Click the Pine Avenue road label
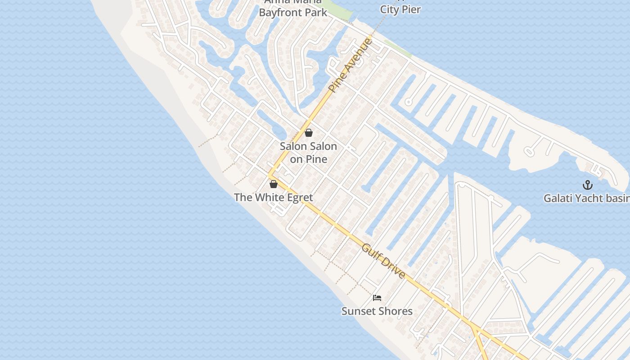pos(351,66)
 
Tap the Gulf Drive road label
pos(383,261)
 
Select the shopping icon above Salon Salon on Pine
pos(309,133)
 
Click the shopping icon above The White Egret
pos(273,184)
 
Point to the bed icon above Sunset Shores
pos(377,298)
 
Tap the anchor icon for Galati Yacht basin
pos(587,185)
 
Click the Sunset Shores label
pos(377,311)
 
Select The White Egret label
pos(273,197)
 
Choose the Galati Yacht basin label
pos(586,198)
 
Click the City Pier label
pos(400,9)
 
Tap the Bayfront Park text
pos(293,12)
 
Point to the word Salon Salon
pos(308,146)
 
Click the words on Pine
pos(308,159)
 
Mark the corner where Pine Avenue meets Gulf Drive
pos(270,176)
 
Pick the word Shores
pos(396,311)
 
